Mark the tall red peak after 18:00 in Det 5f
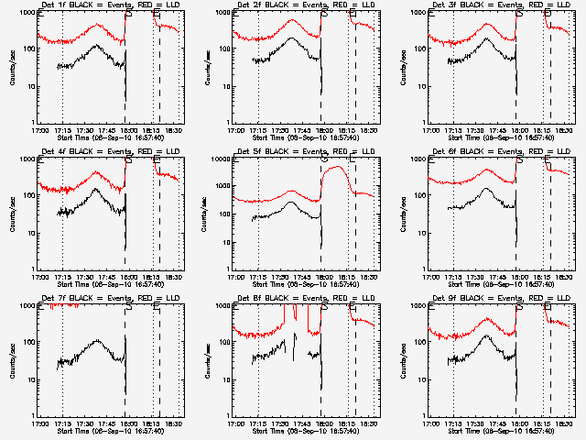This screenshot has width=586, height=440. tap(341, 167)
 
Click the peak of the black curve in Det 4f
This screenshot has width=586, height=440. tap(96, 190)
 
